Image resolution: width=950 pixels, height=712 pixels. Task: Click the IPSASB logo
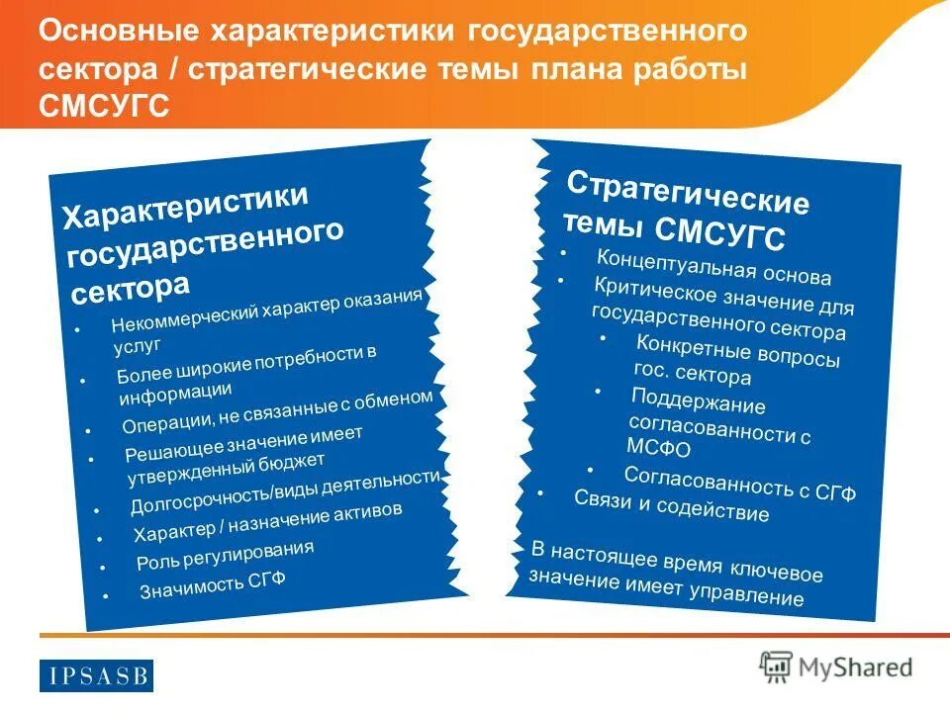coord(98,675)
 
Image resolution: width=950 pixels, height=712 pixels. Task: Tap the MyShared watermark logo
coord(835,667)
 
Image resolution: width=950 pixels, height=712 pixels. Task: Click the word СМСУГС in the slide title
coord(104,105)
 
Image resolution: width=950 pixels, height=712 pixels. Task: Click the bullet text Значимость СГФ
coord(212,585)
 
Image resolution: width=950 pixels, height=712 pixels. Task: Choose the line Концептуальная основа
coord(712,266)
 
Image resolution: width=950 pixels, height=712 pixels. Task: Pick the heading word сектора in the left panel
coord(130,288)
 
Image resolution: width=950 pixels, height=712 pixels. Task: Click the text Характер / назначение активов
coord(267,522)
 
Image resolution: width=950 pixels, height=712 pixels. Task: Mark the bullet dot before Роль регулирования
coord(102,568)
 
